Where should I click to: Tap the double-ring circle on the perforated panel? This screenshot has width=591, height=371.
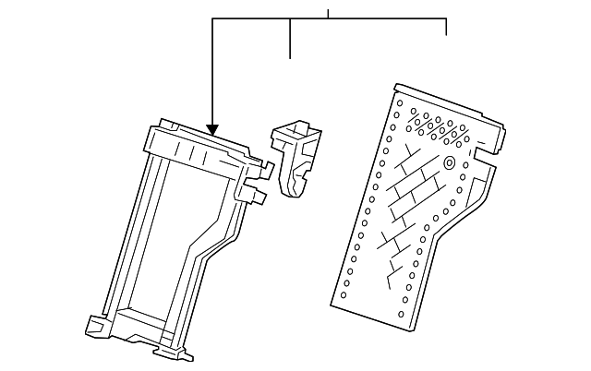449,163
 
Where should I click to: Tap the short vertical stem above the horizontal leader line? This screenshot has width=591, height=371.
328,13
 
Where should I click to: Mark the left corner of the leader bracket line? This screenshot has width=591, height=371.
212,19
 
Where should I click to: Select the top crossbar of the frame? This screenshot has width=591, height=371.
199,148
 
